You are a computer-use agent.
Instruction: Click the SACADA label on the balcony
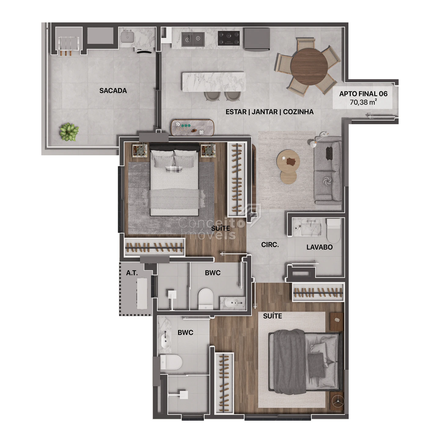click(113, 91)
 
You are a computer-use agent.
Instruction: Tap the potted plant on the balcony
click(69, 132)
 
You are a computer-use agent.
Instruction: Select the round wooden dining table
click(309, 66)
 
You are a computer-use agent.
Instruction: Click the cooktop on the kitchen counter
click(229, 38)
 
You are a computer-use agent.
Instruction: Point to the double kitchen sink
click(193, 39)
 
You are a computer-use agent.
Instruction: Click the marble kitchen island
click(214, 82)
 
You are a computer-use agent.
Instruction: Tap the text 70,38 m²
click(363, 102)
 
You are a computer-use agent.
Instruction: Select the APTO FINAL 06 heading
click(363, 94)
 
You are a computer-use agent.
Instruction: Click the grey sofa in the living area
click(328, 170)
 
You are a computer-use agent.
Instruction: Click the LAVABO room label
click(319, 247)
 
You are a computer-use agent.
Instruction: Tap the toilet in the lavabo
click(333, 231)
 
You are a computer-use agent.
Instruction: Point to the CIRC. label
click(270, 245)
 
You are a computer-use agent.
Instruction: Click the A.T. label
click(132, 273)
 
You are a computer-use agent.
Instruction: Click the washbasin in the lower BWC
click(166, 341)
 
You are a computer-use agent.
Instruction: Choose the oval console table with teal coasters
click(192, 128)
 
